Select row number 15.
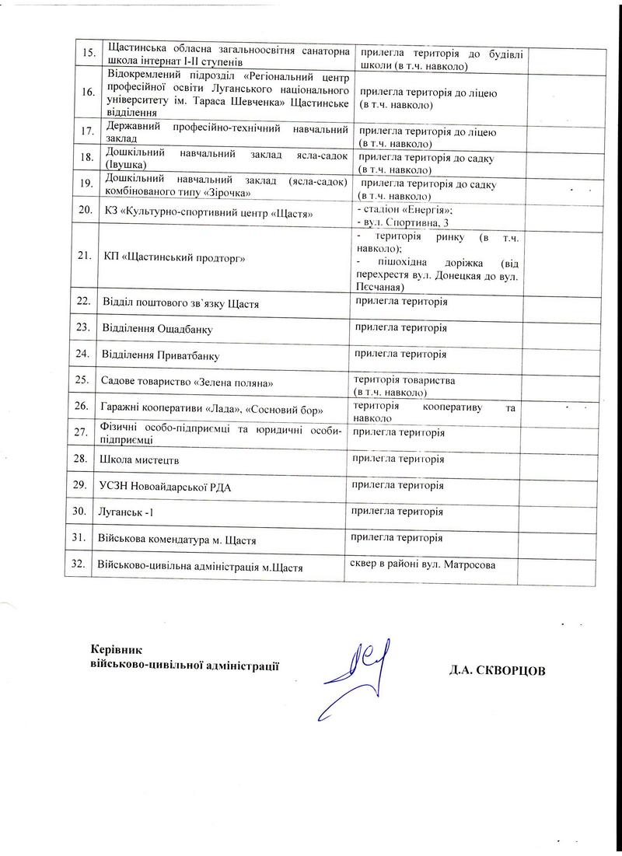click(89, 52)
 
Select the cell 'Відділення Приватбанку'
click(159, 355)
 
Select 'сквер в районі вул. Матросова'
click(423, 563)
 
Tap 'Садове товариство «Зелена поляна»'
click(187, 381)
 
